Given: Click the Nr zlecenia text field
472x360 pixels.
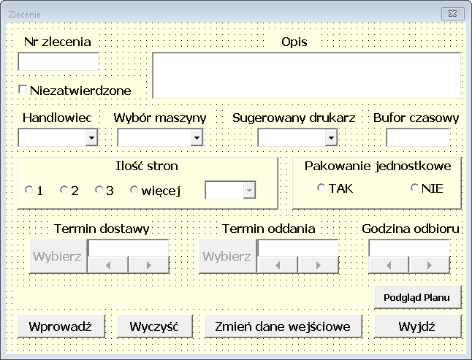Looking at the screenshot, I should [x=58, y=62].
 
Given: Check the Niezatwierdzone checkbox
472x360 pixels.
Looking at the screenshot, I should [x=23, y=90].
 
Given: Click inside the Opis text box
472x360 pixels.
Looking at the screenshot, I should [x=306, y=74].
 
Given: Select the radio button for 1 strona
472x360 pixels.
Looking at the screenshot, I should [x=29, y=191].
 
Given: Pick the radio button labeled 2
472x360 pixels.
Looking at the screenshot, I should [x=64, y=191].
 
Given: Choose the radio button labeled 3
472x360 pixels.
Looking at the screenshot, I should [x=99, y=191].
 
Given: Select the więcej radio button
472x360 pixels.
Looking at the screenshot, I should [x=134, y=191].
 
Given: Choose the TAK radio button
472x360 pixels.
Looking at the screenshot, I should [x=321, y=188].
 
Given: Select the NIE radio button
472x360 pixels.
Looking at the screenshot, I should [x=415, y=188].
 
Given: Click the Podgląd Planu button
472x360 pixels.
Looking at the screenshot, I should [x=418, y=297].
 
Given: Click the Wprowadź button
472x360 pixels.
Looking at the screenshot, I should [x=61, y=326].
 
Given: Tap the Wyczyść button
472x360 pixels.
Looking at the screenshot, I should [x=155, y=326].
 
